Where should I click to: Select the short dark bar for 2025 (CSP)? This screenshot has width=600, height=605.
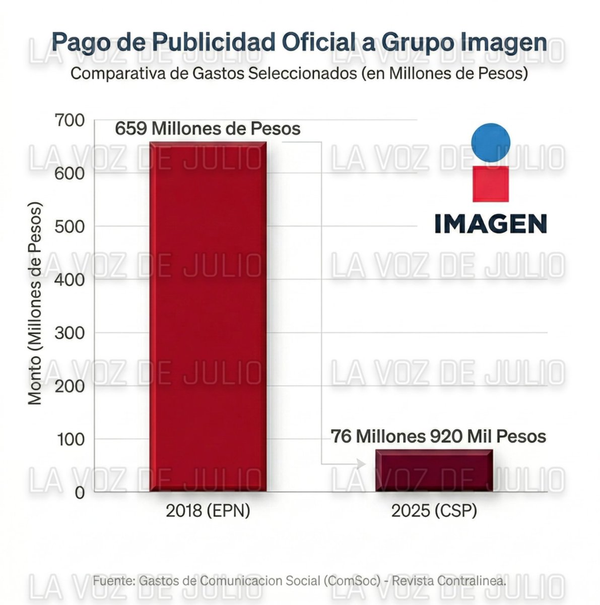434,470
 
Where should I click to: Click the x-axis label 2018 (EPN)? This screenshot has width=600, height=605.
208,511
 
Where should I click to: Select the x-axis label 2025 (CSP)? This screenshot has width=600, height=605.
434,511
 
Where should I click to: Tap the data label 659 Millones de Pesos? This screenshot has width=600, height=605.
208,129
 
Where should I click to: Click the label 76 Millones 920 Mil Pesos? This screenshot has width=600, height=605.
438,436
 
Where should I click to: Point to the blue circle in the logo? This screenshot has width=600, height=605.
491,142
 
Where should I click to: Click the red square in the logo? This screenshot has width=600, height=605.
491,184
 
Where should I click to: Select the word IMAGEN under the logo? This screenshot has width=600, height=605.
491,224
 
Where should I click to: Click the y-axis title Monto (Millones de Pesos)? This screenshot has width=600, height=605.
34,304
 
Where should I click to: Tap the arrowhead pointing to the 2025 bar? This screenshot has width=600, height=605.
361,464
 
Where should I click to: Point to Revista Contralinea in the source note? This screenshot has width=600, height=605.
449,581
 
